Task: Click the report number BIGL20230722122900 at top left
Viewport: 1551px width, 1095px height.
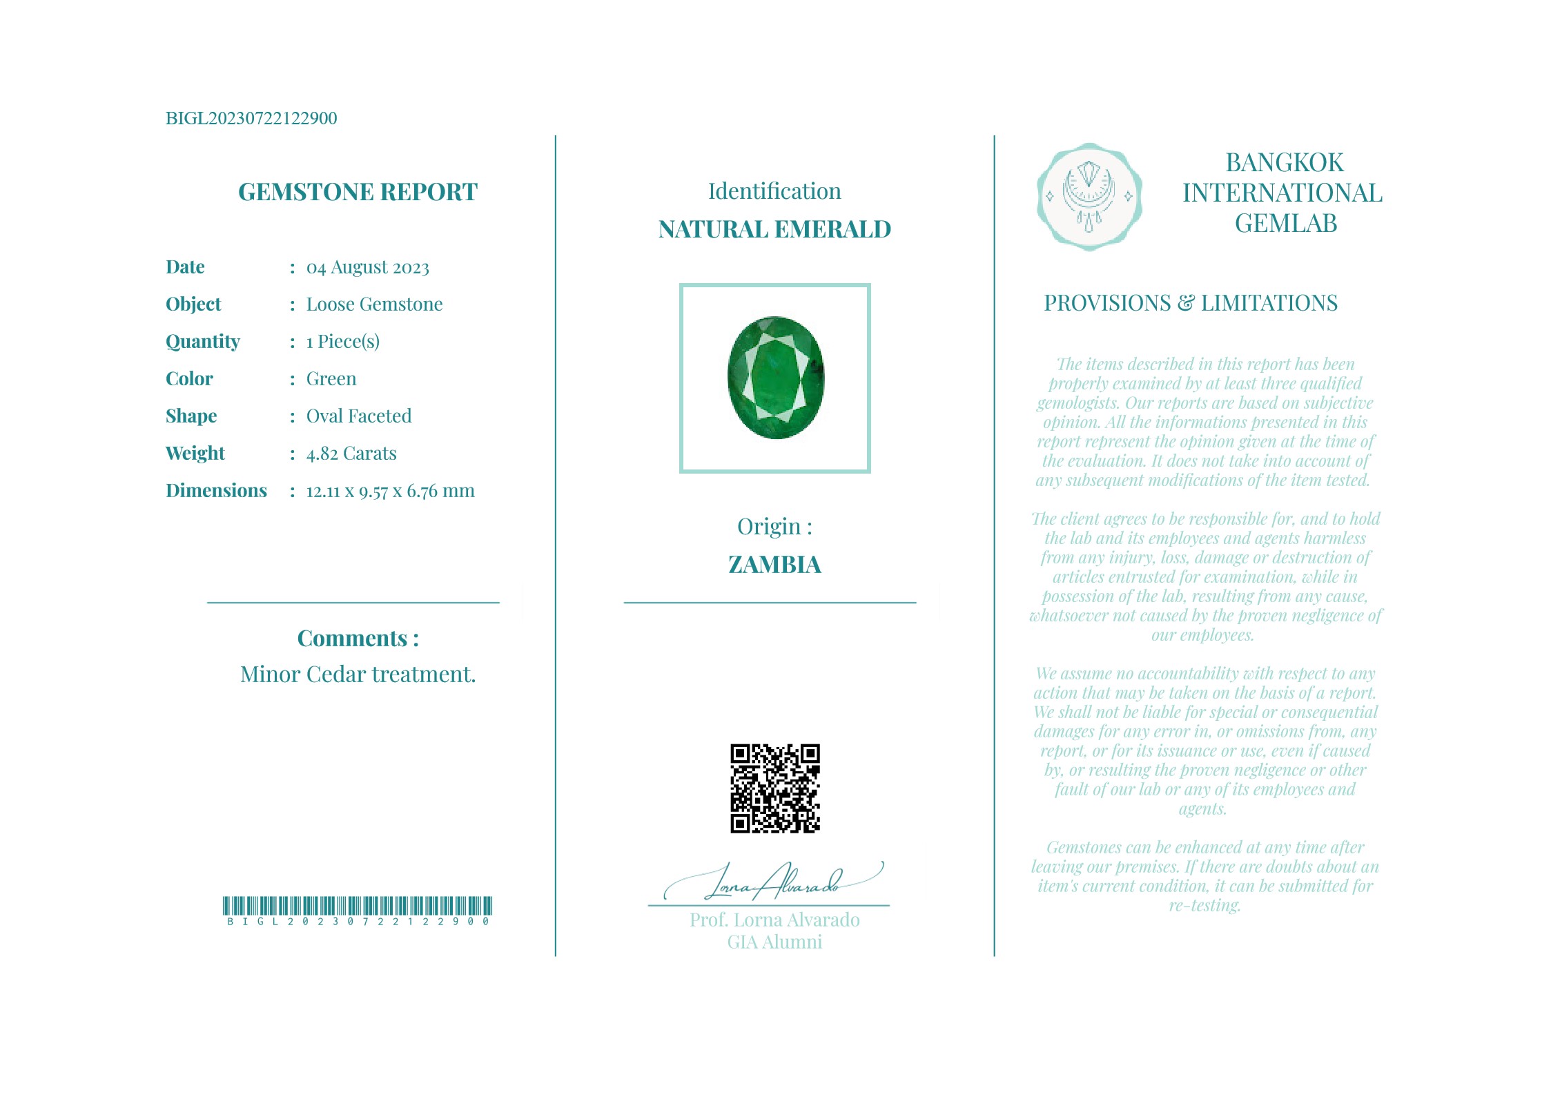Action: click(251, 118)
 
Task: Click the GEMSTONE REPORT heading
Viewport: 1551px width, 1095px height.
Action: click(358, 192)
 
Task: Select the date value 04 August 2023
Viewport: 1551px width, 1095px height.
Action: click(367, 267)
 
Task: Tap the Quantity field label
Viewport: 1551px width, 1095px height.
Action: click(203, 342)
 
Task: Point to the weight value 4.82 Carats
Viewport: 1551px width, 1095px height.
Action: click(351, 454)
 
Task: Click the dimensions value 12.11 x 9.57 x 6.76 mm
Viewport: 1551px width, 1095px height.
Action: click(390, 491)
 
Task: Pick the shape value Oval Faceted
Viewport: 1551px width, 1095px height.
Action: click(358, 416)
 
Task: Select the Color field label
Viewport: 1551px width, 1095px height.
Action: click(189, 379)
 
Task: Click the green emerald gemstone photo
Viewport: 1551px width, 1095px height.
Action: click(775, 378)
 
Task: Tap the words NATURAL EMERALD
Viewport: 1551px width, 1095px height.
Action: click(774, 229)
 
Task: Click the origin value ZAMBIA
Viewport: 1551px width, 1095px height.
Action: click(774, 565)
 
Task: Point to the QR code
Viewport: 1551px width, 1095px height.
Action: click(774, 788)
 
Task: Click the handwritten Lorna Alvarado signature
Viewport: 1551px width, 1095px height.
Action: click(773, 883)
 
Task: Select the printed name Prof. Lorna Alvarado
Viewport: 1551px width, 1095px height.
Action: click(774, 920)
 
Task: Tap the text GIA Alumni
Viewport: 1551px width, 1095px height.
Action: click(774, 942)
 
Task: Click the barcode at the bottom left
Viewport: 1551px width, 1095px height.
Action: click(358, 906)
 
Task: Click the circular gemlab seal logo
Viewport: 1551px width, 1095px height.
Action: click(1089, 197)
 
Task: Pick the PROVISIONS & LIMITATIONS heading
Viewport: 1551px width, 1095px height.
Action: click(1190, 303)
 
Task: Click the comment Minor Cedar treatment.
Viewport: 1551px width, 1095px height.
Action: click(358, 675)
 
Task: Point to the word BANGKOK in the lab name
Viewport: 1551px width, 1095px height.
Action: click(1284, 163)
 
